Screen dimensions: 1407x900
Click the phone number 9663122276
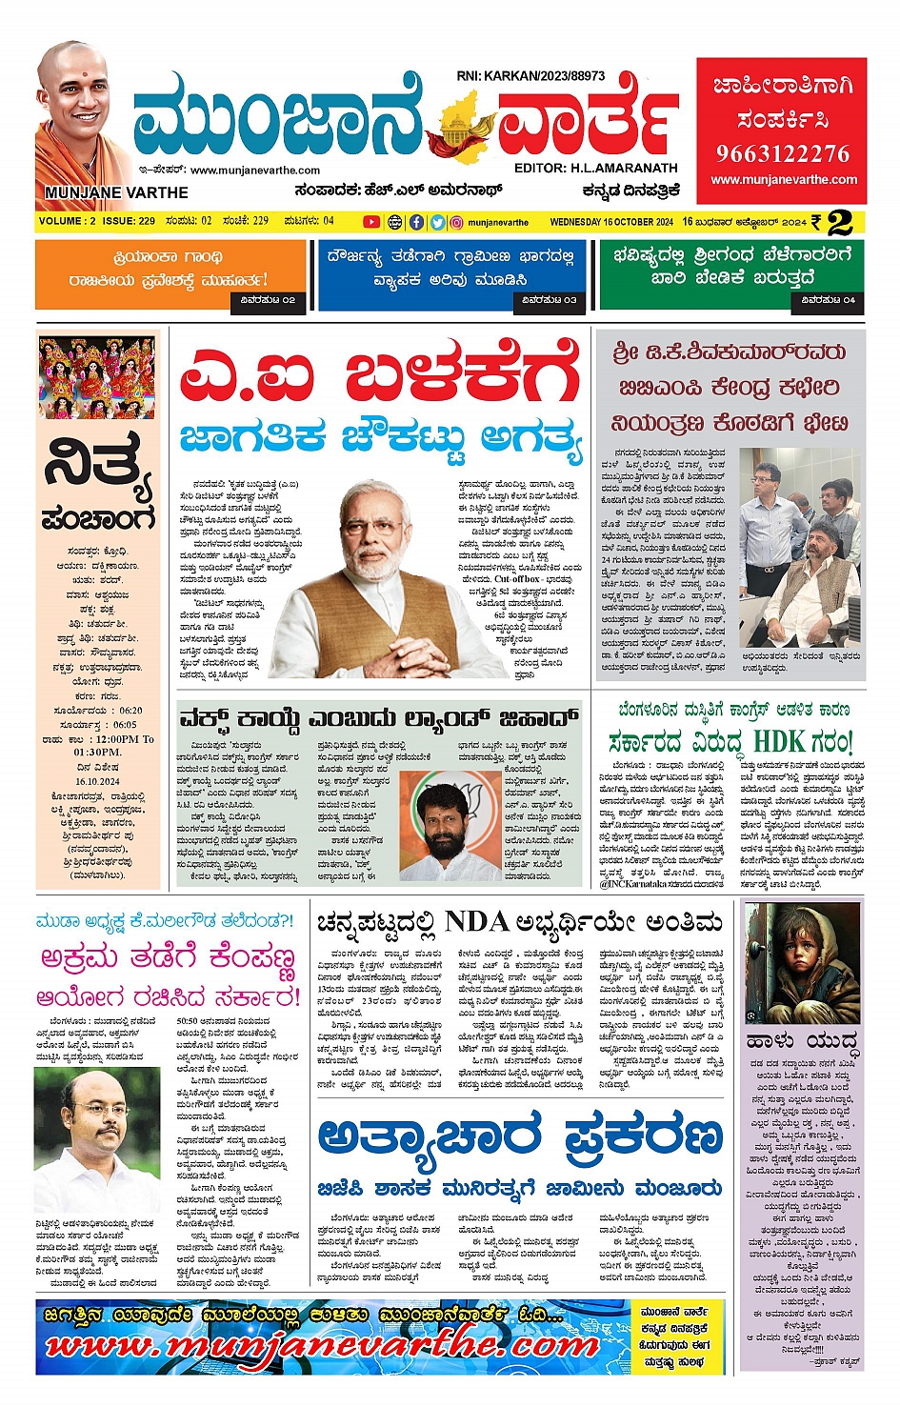tap(782, 153)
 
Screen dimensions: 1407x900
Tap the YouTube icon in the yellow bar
tap(371, 222)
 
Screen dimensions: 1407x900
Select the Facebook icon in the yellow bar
tap(416, 222)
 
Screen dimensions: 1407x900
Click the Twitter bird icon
tap(437, 222)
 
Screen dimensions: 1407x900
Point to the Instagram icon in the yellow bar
tap(457, 222)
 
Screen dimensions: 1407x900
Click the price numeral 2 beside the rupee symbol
tap(839, 223)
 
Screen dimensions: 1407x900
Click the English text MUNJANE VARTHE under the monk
tap(116, 192)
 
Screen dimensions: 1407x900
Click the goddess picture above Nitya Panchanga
tap(97, 377)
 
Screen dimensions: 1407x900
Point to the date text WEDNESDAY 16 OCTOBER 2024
tap(611, 222)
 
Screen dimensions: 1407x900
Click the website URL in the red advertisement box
tap(784, 179)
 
